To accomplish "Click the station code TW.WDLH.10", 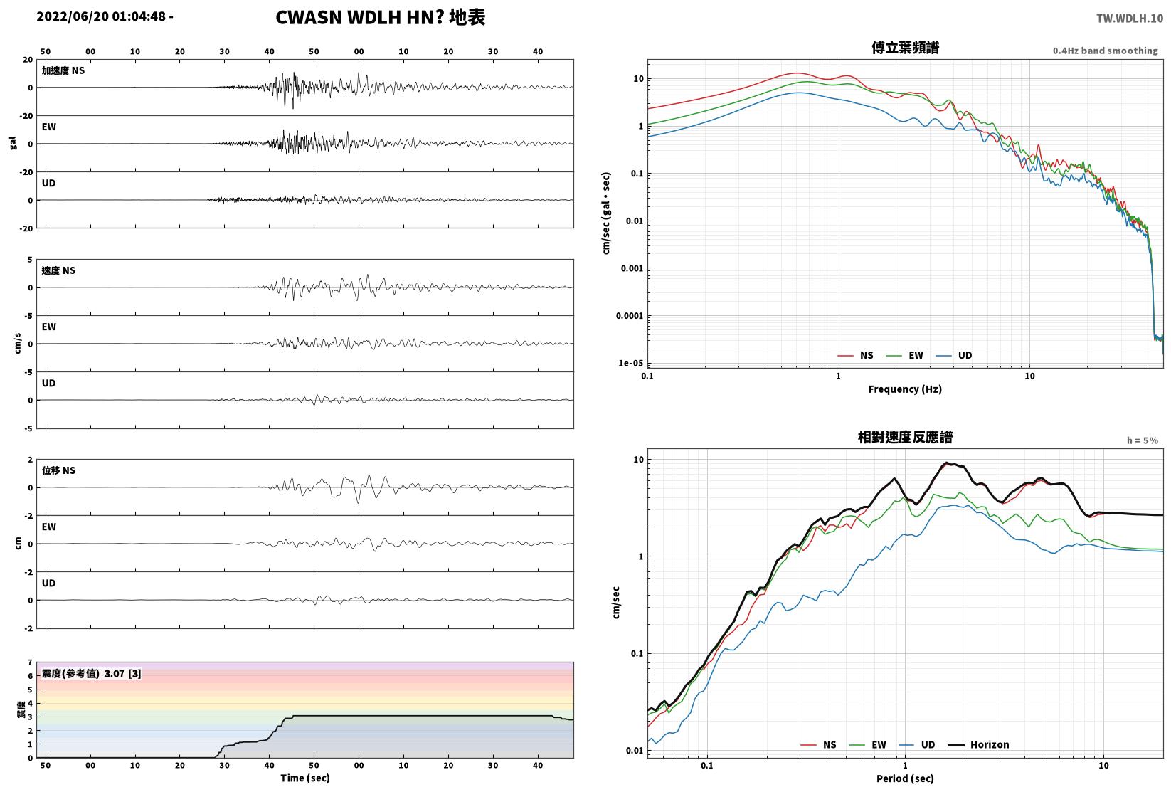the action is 1129,19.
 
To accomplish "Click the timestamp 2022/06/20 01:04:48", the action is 101,16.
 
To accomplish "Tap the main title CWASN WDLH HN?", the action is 360,17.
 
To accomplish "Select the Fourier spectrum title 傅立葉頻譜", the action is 905,48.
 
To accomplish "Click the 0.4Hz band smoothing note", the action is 1105,51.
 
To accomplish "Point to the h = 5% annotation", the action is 1143,440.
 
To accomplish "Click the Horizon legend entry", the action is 979,744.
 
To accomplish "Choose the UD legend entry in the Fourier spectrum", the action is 954,356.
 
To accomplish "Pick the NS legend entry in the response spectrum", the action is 819,744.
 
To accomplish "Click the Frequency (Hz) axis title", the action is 905,389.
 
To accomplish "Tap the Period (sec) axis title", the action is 905,778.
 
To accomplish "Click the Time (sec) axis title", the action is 305,778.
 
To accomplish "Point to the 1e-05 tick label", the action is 630,364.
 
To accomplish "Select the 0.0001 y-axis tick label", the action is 630,316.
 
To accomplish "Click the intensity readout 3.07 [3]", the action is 122,673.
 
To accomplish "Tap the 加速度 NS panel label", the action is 63,70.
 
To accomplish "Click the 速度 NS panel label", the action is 58,271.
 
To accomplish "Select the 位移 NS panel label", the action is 58,470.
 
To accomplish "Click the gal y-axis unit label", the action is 13,143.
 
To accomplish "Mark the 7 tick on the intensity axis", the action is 31,662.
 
